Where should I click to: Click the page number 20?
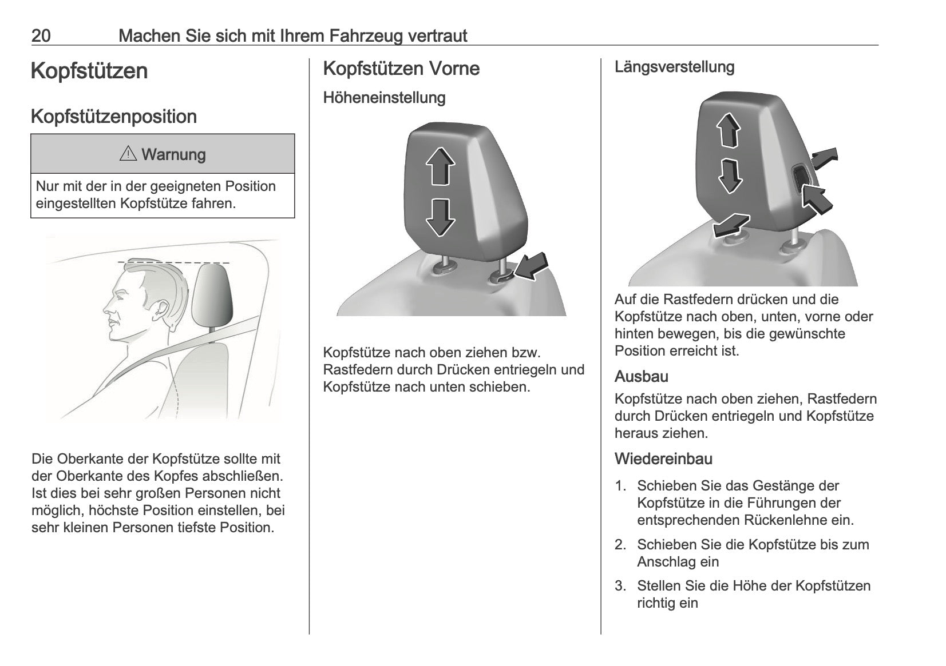41,36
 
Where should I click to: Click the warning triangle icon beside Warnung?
128,154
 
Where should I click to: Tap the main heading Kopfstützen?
89,71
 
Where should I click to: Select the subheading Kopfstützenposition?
114,117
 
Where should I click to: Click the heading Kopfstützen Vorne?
401,69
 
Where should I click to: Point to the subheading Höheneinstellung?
385,98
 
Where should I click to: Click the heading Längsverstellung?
675,67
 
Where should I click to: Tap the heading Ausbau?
641,376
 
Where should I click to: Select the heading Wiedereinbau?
663,458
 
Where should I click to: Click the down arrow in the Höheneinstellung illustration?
440,218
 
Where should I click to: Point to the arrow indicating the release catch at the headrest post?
531,267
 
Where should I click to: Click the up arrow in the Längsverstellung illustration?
729,130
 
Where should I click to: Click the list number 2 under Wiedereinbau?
620,545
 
